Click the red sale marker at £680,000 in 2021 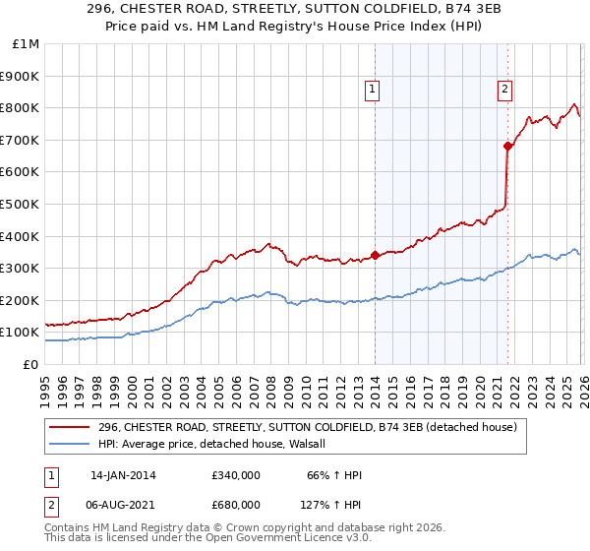click(507, 146)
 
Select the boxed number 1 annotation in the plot click(373, 90)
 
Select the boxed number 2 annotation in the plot click(504, 90)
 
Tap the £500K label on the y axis click(21, 205)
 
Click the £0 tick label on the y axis click(29, 365)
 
